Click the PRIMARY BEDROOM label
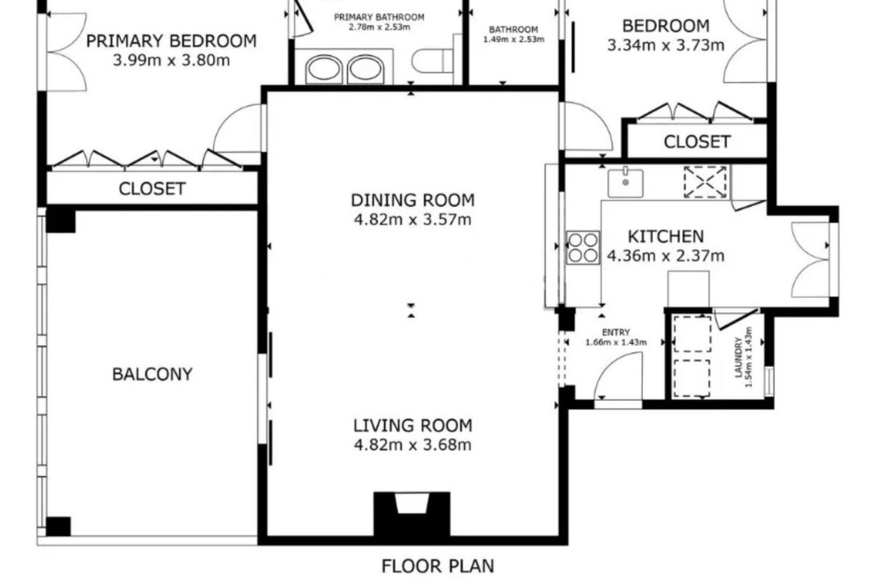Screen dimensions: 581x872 [x=171, y=41]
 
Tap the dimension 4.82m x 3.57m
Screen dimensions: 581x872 [x=412, y=220]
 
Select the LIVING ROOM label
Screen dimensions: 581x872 [x=412, y=425]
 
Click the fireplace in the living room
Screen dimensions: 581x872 [x=411, y=513]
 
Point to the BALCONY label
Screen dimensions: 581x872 [x=152, y=374]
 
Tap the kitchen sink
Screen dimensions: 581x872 [x=625, y=183]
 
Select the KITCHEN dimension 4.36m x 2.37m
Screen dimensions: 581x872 [x=665, y=256]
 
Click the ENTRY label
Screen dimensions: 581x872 [x=616, y=332]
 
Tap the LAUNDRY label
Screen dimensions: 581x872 [x=738, y=357]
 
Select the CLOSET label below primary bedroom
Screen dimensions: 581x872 [x=152, y=188]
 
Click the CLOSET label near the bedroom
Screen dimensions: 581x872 [x=697, y=142]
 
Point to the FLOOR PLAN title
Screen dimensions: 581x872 [x=437, y=566]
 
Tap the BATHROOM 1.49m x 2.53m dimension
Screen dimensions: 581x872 [x=513, y=39]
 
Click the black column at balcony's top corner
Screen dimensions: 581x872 [x=60, y=221]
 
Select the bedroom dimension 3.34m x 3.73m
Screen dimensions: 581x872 [x=665, y=45]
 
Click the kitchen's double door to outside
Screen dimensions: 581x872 [x=811, y=260]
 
